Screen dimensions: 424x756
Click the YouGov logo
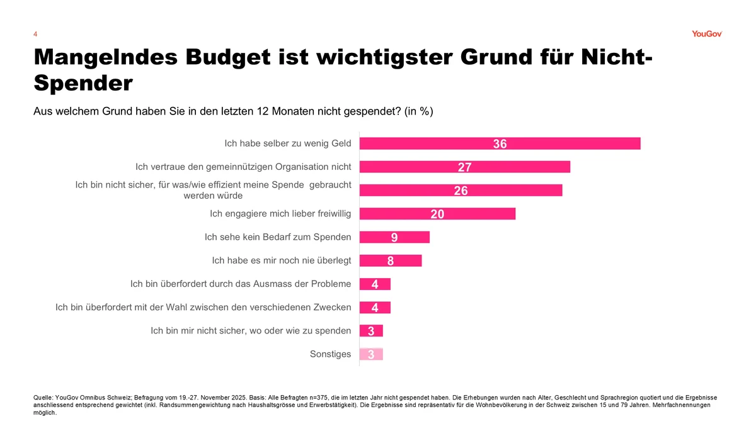coord(706,34)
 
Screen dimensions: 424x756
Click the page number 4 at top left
coord(35,34)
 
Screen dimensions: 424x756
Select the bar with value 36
coord(500,143)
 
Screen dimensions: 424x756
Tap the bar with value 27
coord(464,167)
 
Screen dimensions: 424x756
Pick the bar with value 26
coord(461,191)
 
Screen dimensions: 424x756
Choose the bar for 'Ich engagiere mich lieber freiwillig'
coord(437,214)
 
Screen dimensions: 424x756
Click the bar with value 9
coord(394,237)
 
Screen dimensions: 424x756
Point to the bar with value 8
coord(391,260)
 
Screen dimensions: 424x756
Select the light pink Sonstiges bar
coord(371,354)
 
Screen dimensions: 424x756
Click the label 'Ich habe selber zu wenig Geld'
coord(287,143)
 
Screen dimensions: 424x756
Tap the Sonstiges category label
coord(330,354)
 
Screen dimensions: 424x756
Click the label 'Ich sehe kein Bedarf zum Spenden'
coord(278,237)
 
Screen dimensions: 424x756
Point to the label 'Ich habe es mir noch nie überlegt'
coord(282,260)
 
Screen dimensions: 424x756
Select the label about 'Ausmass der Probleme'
coord(241,284)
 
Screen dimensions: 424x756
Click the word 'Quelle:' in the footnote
coord(43,398)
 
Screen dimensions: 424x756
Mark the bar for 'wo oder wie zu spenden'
coord(371,331)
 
